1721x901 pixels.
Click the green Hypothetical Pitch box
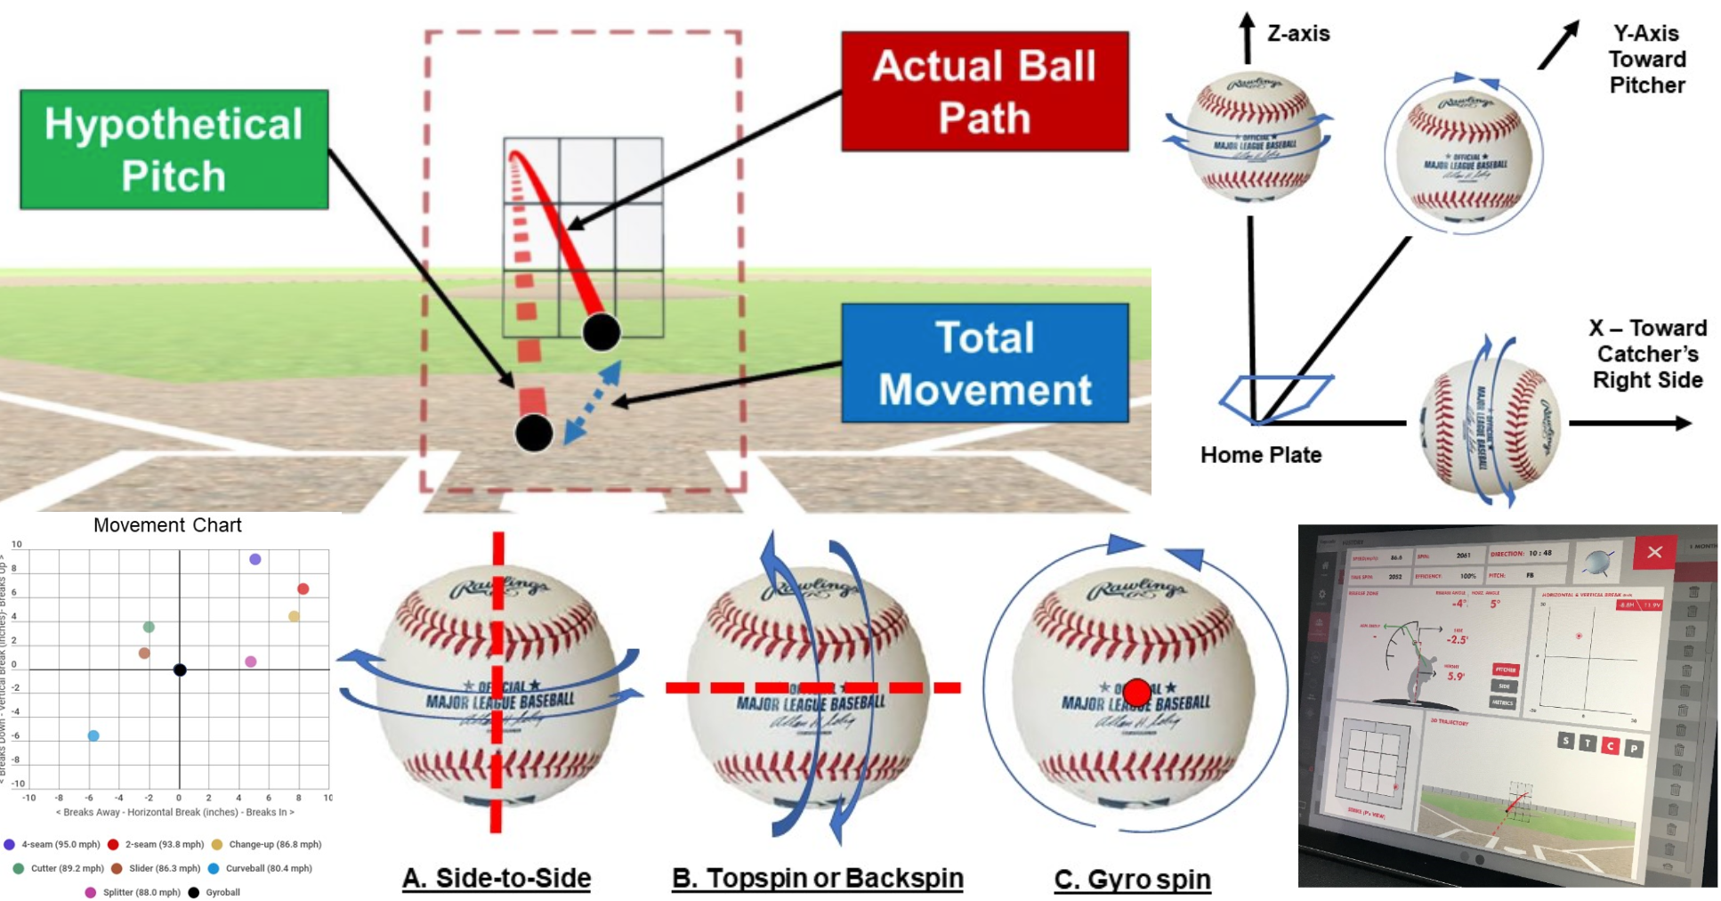(x=174, y=150)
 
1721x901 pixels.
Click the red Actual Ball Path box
(x=984, y=92)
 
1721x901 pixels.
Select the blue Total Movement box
(x=984, y=363)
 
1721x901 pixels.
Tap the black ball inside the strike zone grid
(x=602, y=332)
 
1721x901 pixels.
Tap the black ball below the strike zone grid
(x=534, y=433)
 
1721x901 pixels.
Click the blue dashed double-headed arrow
(x=593, y=402)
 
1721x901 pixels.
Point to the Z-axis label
(x=1297, y=34)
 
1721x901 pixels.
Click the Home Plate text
(x=1260, y=455)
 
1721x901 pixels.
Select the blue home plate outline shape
(x=1274, y=397)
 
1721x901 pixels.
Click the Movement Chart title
(x=167, y=525)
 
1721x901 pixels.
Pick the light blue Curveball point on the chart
(x=93, y=735)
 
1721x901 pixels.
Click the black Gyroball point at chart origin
(x=180, y=670)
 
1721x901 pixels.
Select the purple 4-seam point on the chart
(x=255, y=559)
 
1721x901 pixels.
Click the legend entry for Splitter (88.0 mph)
(x=133, y=892)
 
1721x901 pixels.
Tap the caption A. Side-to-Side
(x=497, y=878)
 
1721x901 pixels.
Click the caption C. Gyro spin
(x=1132, y=880)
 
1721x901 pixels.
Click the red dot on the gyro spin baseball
(x=1136, y=692)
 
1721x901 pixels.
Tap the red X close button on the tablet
(x=1654, y=553)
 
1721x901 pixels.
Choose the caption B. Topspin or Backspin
(x=817, y=878)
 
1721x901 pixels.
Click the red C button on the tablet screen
(x=1610, y=746)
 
